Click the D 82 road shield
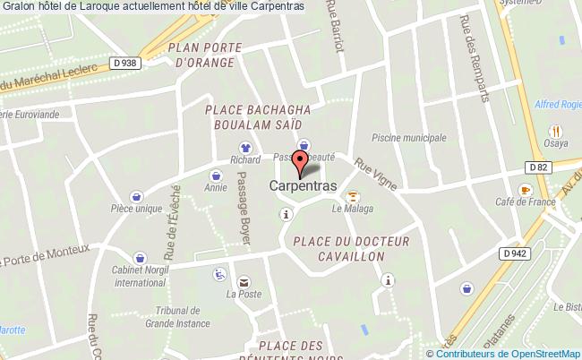click(537, 167)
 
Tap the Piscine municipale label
click(408, 139)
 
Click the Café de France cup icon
click(525, 189)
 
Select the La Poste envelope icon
click(244, 279)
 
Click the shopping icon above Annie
click(215, 176)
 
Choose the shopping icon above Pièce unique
click(136, 196)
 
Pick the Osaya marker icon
click(555, 130)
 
